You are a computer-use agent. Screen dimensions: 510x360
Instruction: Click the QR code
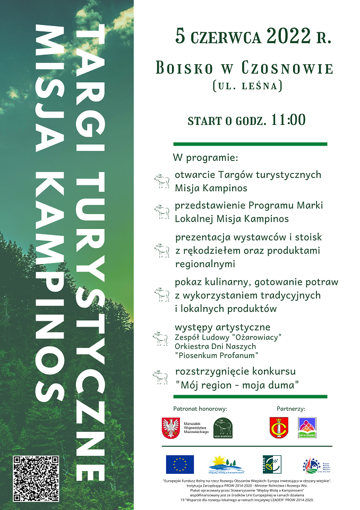[36, 477]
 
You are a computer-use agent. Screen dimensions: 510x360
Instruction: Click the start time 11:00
[288, 120]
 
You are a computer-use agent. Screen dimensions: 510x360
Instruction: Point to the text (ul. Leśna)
[247, 86]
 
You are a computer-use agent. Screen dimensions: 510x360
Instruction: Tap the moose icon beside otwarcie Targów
[161, 181]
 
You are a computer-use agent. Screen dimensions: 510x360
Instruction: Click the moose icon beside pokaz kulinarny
[161, 294]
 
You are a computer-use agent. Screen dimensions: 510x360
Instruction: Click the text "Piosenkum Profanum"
[216, 355]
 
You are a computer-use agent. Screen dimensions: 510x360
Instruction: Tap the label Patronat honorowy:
[200, 409]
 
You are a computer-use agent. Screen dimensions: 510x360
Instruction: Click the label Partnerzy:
[290, 409]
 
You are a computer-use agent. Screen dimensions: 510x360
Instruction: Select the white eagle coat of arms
[169, 428]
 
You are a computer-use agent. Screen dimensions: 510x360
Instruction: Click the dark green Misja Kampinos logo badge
[223, 428]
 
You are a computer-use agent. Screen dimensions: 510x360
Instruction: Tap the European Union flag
[179, 464]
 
